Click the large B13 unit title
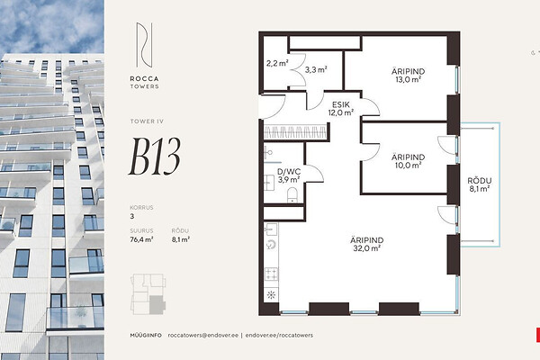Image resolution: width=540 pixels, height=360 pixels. [155, 157]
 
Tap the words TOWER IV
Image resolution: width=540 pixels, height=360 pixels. [147, 121]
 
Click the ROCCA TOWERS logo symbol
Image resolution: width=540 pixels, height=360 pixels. [144, 45]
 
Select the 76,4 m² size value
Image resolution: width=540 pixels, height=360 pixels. [141, 239]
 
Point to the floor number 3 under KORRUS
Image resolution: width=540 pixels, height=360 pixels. [132, 216]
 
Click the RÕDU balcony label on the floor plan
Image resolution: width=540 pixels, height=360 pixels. [480, 184]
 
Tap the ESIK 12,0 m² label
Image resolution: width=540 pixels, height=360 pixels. [341, 109]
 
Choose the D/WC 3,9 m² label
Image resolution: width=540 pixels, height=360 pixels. [289, 175]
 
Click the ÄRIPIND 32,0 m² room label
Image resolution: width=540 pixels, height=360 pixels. [367, 244]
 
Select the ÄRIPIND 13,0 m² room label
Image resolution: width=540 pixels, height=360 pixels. [408, 75]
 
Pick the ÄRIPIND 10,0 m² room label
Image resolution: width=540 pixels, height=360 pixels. [408, 161]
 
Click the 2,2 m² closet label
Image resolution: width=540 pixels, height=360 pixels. [277, 63]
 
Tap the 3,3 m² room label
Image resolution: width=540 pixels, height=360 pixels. [316, 69]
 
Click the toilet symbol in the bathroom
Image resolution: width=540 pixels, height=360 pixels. [292, 195]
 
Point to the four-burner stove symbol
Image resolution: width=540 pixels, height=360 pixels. [271, 274]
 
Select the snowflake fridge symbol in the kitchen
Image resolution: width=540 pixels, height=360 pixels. [271, 295]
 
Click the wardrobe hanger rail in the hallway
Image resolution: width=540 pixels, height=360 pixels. [295, 132]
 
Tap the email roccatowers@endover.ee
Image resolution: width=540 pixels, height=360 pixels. [203, 335]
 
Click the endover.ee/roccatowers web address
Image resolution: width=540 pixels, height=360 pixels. [279, 335]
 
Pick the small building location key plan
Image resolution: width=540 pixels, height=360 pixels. [148, 294]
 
